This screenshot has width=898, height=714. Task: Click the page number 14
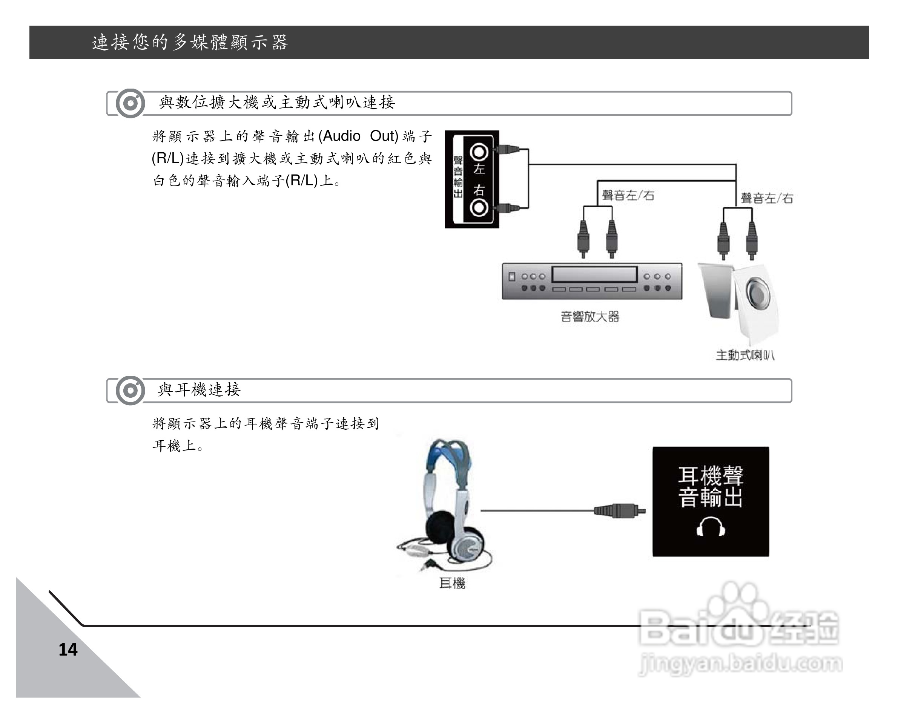click(x=68, y=650)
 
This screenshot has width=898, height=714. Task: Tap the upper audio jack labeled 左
click(x=479, y=152)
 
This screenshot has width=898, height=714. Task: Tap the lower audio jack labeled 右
click(x=479, y=207)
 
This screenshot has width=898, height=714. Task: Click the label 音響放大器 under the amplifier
click(x=590, y=317)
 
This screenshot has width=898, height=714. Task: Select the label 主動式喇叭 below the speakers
click(x=745, y=355)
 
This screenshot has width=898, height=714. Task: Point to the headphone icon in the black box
click(x=711, y=527)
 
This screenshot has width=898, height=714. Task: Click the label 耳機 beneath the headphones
click(x=452, y=583)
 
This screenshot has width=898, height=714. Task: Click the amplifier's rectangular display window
click(x=594, y=274)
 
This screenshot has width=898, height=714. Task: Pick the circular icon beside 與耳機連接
click(x=130, y=391)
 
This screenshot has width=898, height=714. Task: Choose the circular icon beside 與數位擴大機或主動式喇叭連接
click(x=130, y=103)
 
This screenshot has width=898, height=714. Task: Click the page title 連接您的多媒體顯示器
click(x=190, y=43)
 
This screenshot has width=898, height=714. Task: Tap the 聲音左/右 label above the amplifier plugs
click(x=628, y=195)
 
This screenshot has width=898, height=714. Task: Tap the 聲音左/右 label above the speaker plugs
click(x=767, y=198)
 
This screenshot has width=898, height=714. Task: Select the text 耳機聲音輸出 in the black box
click(x=711, y=487)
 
